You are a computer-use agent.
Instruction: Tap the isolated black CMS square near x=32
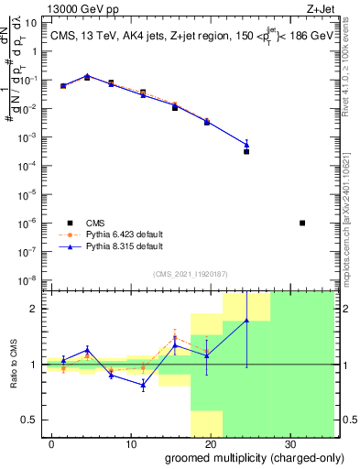coord(303,223)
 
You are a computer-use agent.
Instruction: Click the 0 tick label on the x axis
coord(52,444)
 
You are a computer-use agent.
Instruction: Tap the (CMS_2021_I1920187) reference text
coord(191,273)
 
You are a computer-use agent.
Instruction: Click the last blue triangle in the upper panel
coord(247,144)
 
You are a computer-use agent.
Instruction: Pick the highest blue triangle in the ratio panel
coord(247,320)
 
